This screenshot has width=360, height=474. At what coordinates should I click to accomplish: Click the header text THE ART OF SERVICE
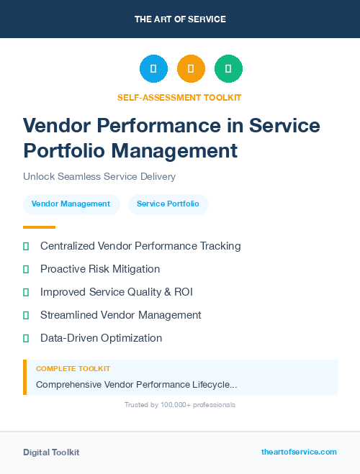[x=180, y=19]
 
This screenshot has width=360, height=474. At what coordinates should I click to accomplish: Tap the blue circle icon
[x=153, y=68]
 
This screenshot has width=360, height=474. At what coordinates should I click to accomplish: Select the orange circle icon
[x=191, y=68]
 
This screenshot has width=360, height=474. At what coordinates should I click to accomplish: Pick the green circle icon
[x=228, y=68]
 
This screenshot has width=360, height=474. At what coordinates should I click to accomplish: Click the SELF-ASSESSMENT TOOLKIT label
[x=179, y=97]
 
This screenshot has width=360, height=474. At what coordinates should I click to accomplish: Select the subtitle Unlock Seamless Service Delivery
[x=99, y=176]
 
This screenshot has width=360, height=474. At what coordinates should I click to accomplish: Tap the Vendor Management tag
[x=71, y=204]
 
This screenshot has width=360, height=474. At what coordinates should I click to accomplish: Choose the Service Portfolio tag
[x=168, y=204]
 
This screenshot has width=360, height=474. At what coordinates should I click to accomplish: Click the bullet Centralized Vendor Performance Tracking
[x=140, y=246]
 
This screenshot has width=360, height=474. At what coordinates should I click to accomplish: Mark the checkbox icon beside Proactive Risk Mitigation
[x=26, y=269]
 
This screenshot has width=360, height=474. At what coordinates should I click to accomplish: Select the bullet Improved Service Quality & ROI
[x=117, y=292]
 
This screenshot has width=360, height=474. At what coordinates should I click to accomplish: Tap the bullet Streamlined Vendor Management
[x=121, y=315]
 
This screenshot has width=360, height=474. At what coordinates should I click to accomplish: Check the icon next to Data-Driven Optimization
[x=26, y=338]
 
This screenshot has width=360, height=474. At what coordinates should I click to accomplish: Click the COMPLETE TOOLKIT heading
[x=73, y=369]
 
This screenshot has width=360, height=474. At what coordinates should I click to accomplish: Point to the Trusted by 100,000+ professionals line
[x=180, y=405]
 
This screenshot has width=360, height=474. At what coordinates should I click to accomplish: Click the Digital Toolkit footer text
[x=51, y=452]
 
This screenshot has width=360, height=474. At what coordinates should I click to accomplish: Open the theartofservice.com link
[x=299, y=452]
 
